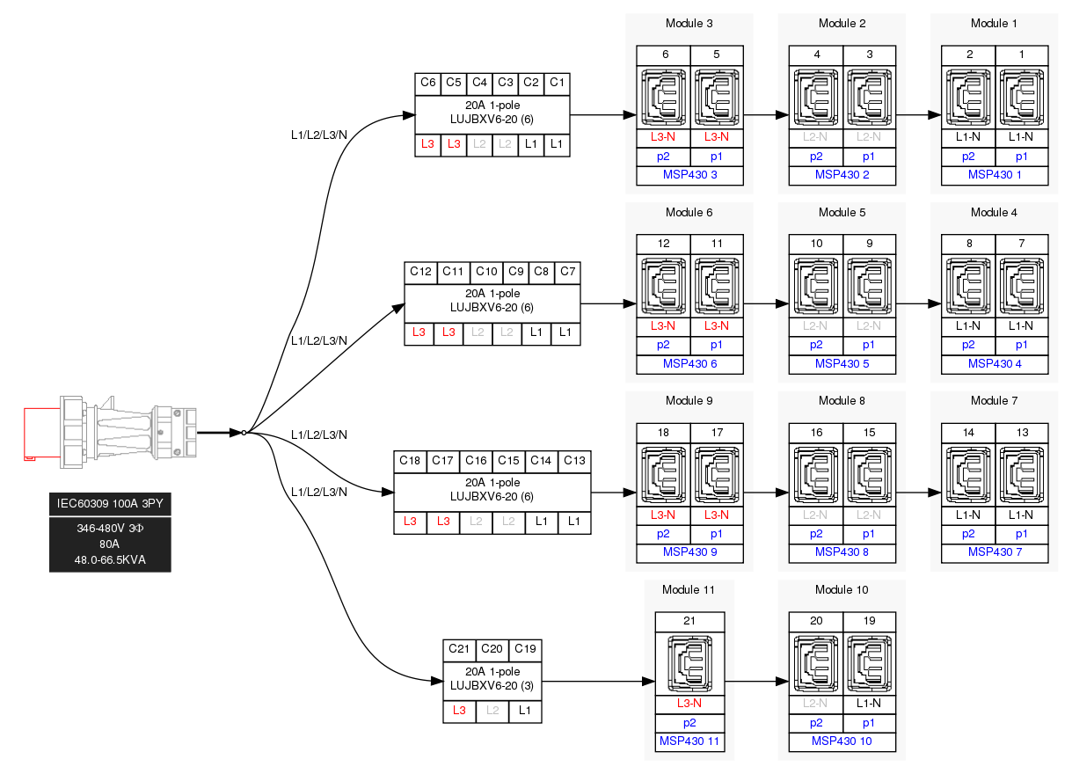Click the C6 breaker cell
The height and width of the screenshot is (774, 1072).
point(428,83)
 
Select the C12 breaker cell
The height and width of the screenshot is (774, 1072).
point(421,272)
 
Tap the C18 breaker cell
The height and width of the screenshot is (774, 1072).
point(410,461)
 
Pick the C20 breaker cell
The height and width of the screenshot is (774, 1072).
point(492,649)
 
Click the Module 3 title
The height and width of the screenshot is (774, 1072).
point(689,23)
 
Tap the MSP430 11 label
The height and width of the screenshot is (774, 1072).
point(689,741)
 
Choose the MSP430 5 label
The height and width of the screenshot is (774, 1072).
point(842,364)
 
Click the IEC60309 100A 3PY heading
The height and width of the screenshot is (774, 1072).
point(110,504)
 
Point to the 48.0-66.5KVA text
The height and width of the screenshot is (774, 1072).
point(110,560)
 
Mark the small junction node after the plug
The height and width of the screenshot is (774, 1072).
point(244,433)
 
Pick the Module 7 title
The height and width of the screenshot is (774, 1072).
point(995,401)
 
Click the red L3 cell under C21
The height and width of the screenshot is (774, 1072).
point(459,711)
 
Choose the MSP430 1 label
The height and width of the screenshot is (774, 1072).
point(995,175)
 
